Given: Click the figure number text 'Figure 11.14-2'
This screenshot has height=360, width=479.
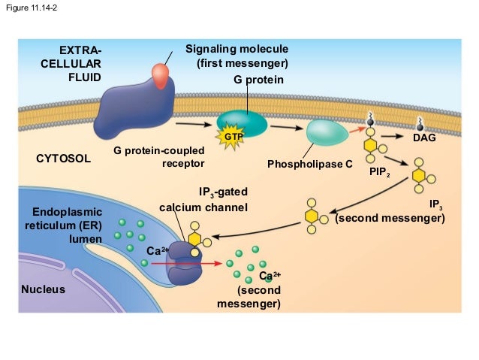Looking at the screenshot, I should click(32, 8).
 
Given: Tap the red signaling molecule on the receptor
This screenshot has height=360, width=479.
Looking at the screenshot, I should click(161, 74).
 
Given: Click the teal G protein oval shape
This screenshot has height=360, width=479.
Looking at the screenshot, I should click(241, 123).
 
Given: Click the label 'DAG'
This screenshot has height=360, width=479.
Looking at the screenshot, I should click(424, 138).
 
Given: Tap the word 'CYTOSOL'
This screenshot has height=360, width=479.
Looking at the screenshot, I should click(63, 160).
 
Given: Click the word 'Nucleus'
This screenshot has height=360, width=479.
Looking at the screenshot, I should click(43, 289).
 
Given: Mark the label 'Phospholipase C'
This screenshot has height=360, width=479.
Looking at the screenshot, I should click(309, 164).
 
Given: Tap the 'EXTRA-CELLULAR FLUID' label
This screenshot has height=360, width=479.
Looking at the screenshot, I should click(71, 63).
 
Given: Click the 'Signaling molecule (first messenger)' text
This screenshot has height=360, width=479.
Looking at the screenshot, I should click(236, 56).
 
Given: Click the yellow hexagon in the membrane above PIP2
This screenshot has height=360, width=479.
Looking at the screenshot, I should click(370, 144).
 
